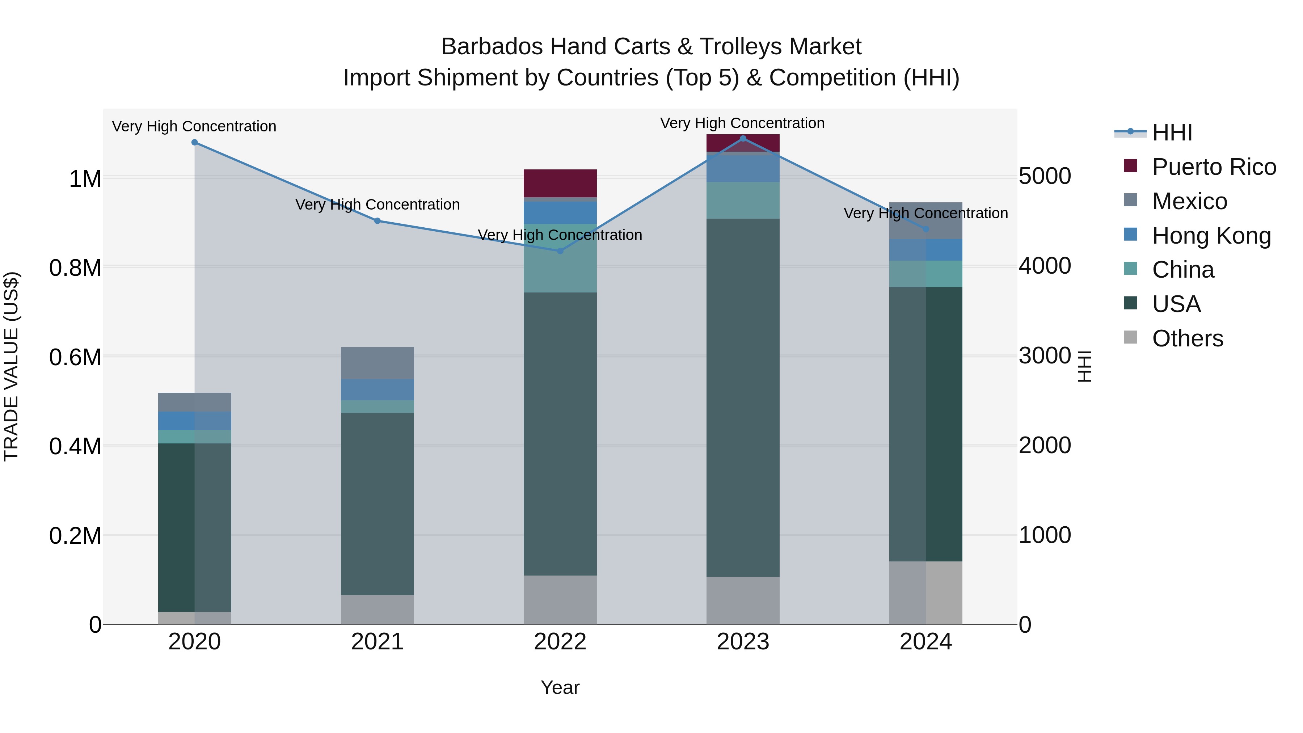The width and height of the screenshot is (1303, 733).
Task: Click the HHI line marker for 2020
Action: [x=195, y=143]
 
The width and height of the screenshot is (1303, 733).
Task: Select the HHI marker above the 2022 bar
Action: [x=560, y=251]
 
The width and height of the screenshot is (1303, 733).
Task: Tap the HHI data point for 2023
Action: [x=743, y=138]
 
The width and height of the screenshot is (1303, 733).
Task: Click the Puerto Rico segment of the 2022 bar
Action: [x=560, y=183]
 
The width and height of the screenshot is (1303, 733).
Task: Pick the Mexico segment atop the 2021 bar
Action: [x=378, y=363]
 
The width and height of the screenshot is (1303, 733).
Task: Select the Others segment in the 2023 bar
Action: [x=743, y=601]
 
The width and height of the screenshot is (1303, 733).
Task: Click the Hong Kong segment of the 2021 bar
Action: [x=378, y=389]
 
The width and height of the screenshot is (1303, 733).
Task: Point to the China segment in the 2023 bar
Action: [x=743, y=200]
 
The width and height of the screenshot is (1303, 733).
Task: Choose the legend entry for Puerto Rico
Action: [x=1214, y=167]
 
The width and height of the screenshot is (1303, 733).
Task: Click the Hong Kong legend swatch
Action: [x=1130, y=235]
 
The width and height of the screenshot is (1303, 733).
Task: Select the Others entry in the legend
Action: [x=1187, y=338]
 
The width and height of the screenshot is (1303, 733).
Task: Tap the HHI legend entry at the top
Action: [x=1172, y=132]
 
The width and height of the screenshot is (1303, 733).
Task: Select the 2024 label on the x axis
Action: [x=925, y=642]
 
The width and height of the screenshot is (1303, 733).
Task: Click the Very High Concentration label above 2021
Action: [x=378, y=205]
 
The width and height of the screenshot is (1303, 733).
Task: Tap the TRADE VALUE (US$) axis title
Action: [x=12, y=366]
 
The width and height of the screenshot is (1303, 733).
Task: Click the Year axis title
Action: [x=560, y=687]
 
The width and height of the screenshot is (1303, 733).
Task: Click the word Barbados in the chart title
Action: [x=492, y=47]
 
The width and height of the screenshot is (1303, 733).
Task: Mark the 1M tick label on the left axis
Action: [x=85, y=179]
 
